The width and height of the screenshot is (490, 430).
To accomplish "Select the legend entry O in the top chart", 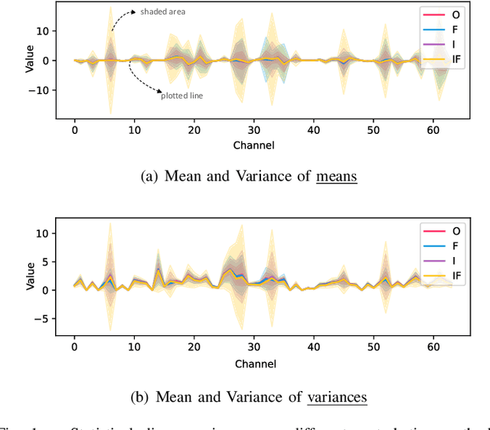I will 456,15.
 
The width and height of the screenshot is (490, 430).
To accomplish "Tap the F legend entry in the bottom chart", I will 456,246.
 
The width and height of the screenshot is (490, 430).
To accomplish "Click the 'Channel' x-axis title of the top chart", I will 254,145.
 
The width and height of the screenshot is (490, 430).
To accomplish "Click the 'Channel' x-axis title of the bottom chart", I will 254,362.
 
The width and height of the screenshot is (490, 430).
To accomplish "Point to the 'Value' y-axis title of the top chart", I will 30,60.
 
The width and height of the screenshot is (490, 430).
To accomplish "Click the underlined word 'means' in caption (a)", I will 336,177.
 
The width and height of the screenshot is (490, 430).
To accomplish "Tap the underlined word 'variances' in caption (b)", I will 337,397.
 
